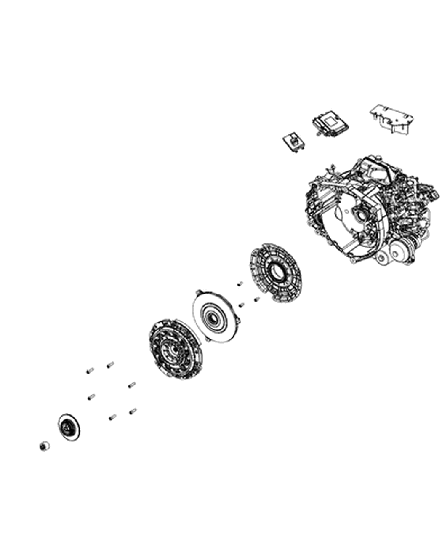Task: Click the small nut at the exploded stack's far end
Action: point(43,446)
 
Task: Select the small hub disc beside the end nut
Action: point(68,427)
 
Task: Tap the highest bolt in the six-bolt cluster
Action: point(110,364)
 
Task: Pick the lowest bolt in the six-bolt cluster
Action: point(112,417)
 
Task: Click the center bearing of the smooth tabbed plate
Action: point(214,317)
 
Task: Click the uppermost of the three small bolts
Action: point(240,283)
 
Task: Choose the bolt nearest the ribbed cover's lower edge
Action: point(257,299)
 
